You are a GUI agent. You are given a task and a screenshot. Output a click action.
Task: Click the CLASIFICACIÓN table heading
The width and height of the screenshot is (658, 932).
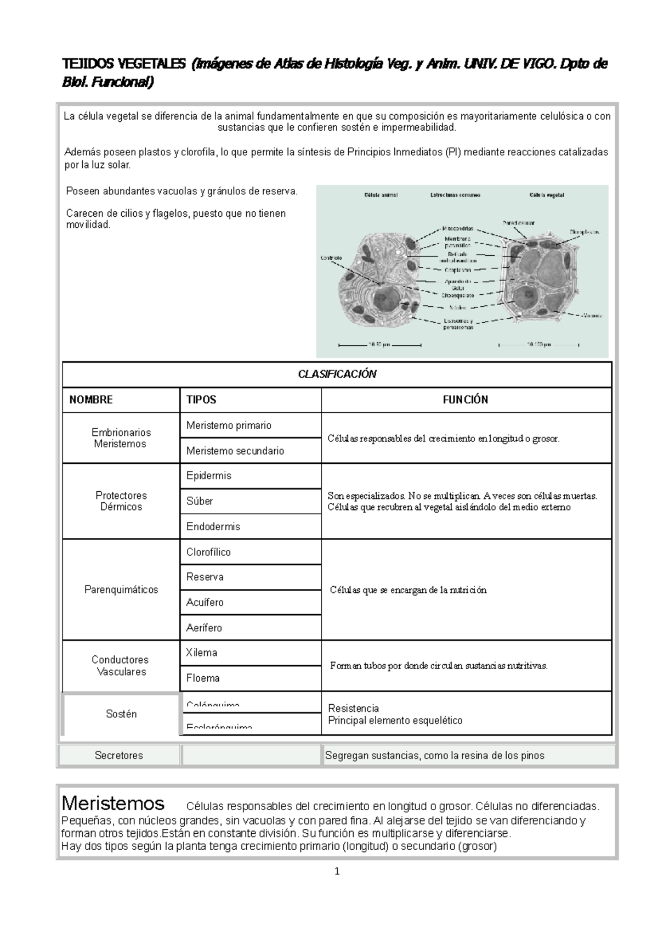click(337, 374)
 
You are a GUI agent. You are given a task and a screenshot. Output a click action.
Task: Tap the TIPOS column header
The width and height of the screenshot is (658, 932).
click(201, 400)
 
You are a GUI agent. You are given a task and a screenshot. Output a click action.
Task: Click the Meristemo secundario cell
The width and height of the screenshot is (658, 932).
click(235, 451)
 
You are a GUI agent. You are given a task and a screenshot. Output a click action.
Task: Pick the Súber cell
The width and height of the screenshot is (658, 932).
click(200, 501)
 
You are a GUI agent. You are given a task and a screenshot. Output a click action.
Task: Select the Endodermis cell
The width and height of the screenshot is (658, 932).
click(213, 526)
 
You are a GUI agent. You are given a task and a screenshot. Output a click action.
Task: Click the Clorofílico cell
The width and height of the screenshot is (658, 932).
click(208, 552)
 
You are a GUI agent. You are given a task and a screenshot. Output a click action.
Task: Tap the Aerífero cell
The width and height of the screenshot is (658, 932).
click(204, 627)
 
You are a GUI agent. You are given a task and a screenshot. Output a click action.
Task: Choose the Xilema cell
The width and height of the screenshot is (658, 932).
click(202, 653)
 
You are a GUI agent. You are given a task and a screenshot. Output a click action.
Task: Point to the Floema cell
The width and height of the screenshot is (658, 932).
click(203, 678)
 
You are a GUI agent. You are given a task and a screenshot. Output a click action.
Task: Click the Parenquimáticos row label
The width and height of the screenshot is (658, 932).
click(121, 589)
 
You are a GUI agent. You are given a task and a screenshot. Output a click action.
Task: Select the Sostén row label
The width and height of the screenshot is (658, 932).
click(121, 714)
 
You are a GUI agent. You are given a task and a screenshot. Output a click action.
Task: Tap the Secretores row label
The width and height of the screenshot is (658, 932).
click(119, 755)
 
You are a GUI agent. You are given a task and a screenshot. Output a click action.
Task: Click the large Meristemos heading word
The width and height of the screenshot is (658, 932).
click(113, 804)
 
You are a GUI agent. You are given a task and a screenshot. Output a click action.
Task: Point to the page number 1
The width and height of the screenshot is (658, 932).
click(337, 871)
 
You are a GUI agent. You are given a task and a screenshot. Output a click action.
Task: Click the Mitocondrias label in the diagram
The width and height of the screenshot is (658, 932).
click(458, 228)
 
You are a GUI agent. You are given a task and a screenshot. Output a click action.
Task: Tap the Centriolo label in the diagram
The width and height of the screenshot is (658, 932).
click(331, 257)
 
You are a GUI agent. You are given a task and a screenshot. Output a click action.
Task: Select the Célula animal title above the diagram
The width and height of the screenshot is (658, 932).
click(381, 195)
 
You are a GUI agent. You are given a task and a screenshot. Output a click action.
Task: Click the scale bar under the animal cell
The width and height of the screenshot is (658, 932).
click(379, 345)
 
